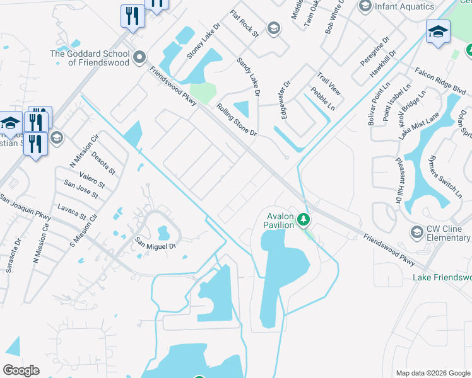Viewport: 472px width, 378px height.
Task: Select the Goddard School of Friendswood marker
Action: [140, 58]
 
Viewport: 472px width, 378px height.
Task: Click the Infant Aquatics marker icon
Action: [365, 6]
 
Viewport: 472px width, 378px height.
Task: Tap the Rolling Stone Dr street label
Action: [237, 120]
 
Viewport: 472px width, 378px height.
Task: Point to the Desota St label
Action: [103, 163]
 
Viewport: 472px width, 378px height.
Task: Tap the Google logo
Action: [21, 370]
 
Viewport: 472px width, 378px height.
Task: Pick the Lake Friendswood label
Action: [442, 277]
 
